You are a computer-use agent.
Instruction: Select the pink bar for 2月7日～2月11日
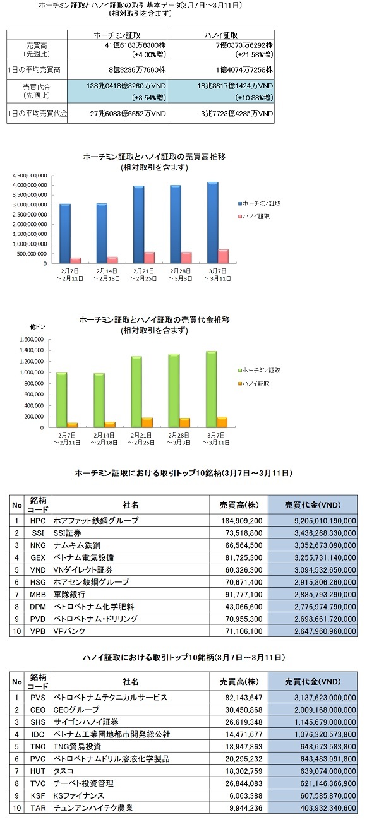76,260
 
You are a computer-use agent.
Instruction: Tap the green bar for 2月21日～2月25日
136,392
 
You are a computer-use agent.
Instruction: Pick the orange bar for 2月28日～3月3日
184,423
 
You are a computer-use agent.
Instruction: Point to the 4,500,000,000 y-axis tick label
30,176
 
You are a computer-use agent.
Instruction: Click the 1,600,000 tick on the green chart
32,340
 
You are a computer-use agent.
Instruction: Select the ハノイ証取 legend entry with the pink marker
254,217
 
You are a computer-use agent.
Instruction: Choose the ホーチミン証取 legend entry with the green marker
259,371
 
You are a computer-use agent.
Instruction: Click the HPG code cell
38,521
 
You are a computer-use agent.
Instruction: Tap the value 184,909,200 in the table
242,521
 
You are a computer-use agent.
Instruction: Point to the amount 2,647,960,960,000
325,631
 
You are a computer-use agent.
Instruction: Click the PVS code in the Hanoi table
38,698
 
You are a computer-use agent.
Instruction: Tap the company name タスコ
64,771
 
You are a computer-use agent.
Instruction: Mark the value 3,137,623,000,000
325,698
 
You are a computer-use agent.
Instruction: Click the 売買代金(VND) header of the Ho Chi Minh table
313,505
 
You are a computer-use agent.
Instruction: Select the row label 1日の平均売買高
34,69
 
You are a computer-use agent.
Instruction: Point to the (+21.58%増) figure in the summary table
254,55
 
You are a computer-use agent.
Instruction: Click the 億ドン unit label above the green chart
38,326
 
